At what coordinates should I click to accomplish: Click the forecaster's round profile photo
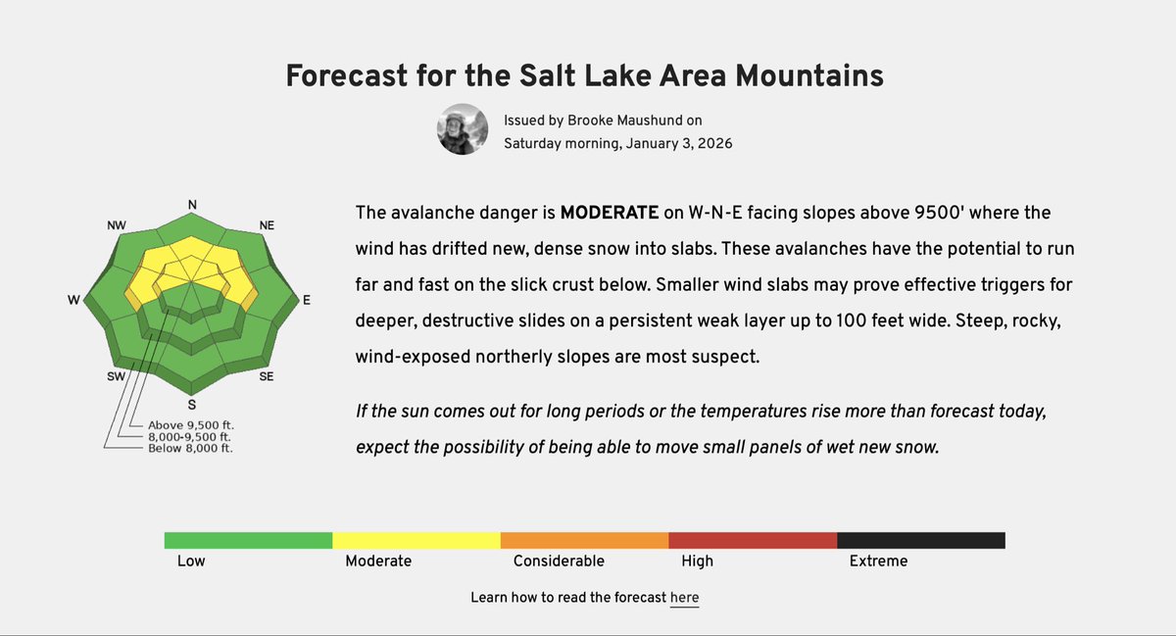[462, 129]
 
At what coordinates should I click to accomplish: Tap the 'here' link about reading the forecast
[684, 598]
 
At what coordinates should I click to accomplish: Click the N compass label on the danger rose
[193, 205]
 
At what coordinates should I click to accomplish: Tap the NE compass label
[267, 225]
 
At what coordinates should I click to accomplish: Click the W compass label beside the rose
[73, 301]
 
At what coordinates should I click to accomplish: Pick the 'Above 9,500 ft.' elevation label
[191, 425]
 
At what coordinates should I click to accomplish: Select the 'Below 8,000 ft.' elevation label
[191, 448]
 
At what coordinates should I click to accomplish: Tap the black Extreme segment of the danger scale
[920, 540]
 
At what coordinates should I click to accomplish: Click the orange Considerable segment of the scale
[584, 540]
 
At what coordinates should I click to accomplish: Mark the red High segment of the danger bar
[752, 540]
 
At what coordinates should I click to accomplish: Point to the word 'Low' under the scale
[190, 562]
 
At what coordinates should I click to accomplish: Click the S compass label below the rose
[193, 404]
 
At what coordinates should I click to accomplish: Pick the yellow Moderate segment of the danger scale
[416, 540]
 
